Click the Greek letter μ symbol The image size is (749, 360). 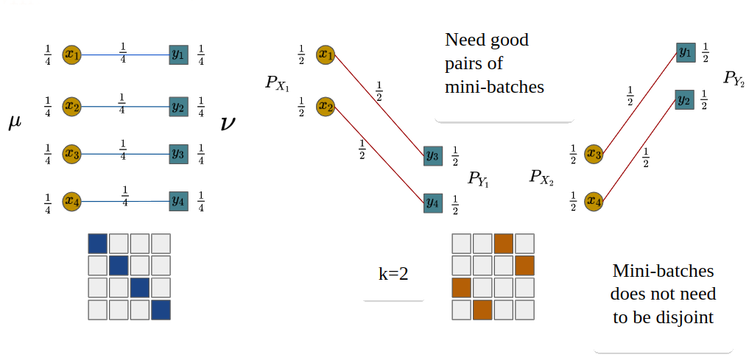(15, 122)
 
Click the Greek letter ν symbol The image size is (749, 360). (228, 123)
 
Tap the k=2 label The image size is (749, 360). (393, 275)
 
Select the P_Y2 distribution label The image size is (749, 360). (734, 79)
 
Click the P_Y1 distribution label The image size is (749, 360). (478, 178)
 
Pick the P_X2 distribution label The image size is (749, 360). (541, 177)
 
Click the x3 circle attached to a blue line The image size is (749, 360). (71, 154)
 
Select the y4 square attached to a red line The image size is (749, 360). (433, 201)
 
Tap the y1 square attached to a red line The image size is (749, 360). (686, 52)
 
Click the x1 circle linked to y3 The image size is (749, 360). (326, 54)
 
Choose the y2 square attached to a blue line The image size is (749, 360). (178, 107)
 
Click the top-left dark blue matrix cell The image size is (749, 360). (97, 244)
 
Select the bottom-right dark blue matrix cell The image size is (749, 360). (161, 310)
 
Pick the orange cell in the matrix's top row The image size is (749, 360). (504, 244)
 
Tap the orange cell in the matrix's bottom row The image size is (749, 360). (482, 310)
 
